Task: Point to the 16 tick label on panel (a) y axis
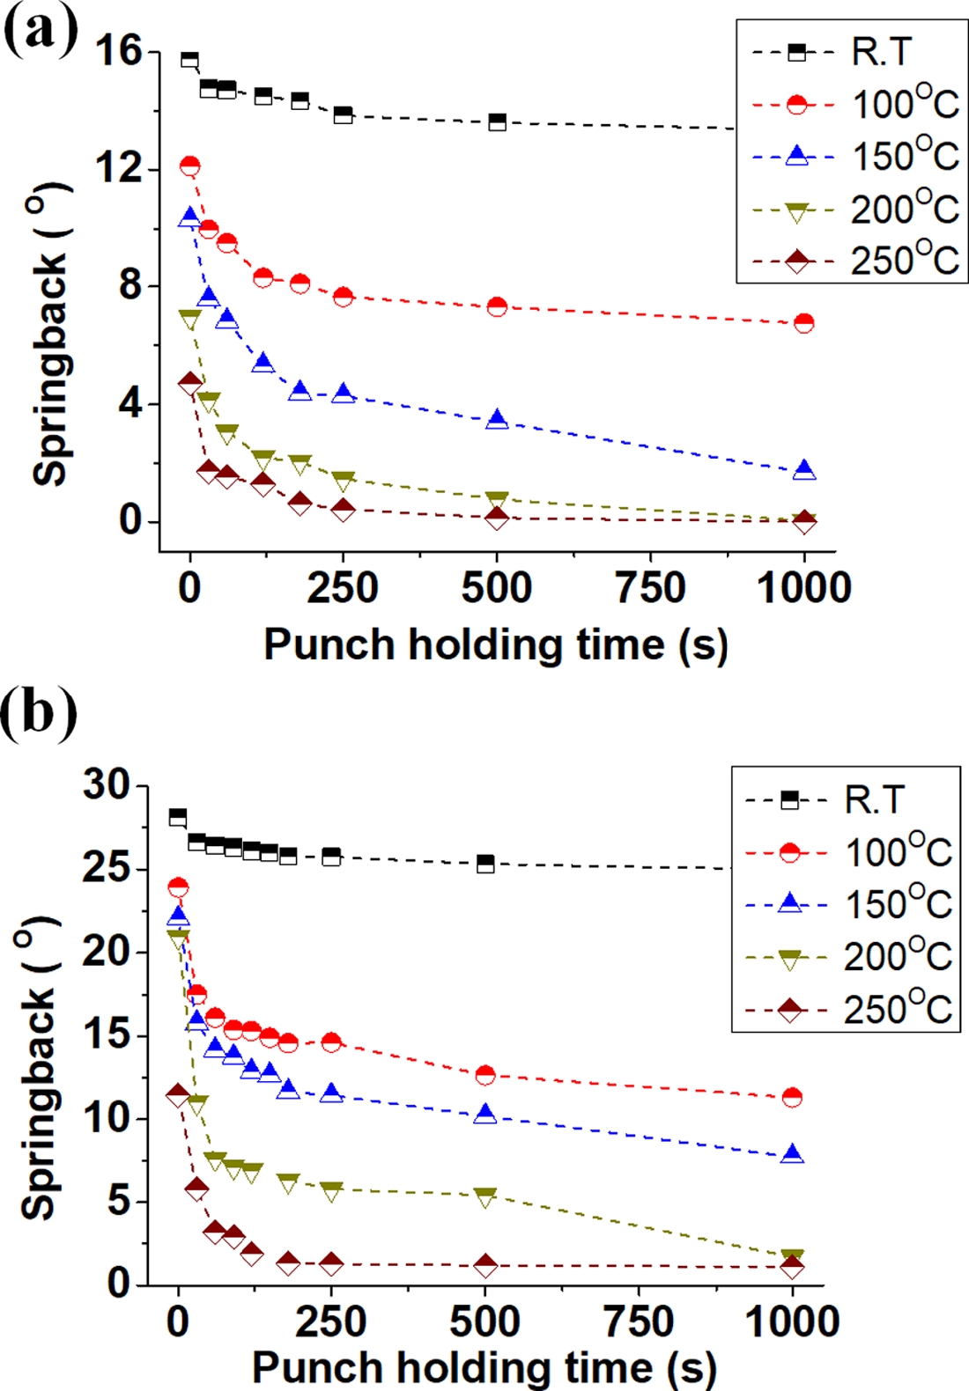119,52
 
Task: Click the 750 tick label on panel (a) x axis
650,588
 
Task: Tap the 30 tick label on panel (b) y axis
107,784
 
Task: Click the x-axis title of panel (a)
496,645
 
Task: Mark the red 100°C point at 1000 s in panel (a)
803,323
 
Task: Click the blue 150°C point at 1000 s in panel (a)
803,471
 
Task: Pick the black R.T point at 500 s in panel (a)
498,121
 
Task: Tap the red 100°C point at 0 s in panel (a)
189,166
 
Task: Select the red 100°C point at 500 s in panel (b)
485,1075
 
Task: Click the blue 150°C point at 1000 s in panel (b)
793,1154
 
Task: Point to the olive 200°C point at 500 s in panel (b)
485,1196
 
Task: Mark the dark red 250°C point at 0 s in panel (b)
179,1096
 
